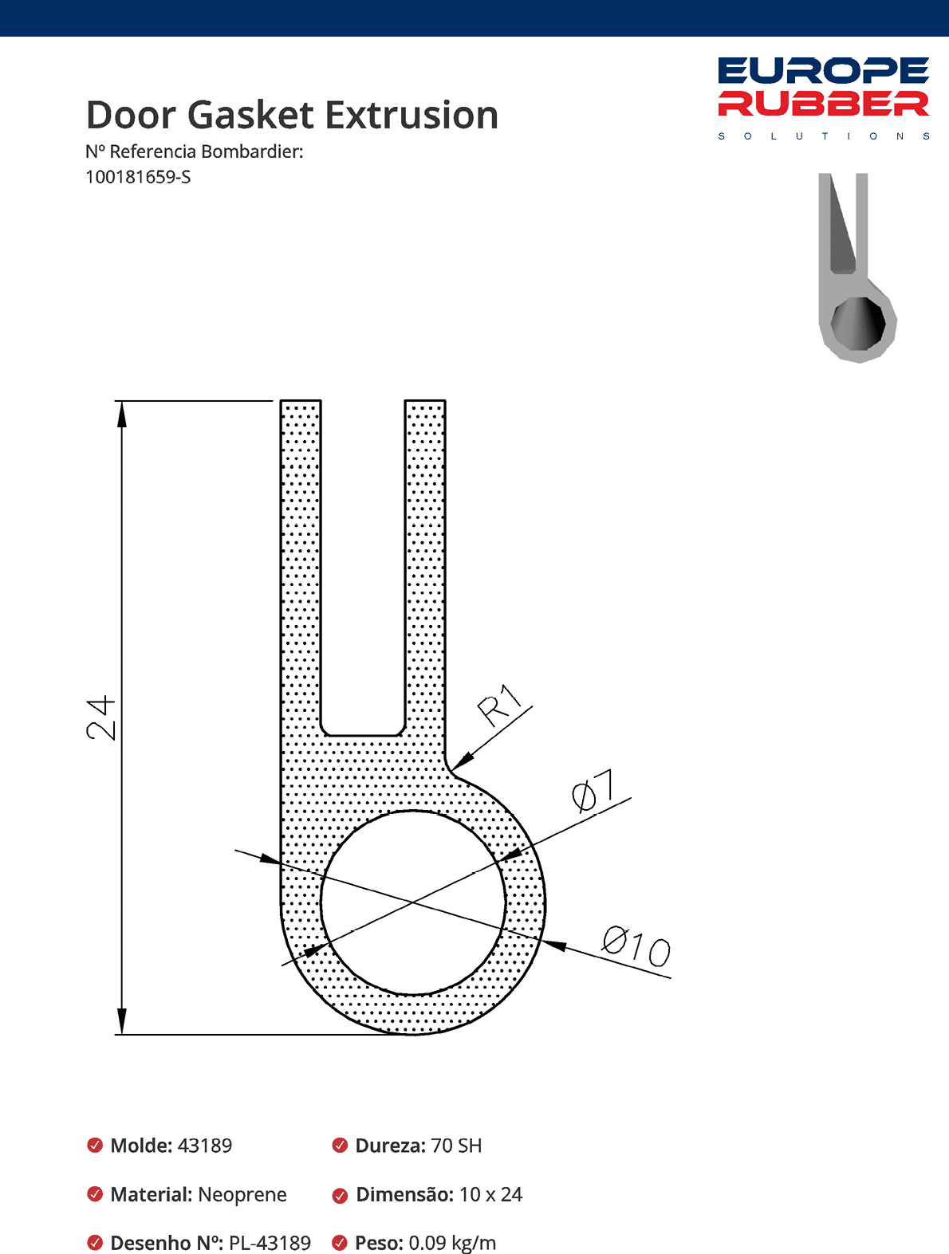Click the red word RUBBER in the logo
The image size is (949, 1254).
pyautogui.click(x=823, y=104)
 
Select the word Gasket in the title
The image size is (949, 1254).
pyautogui.click(x=251, y=116)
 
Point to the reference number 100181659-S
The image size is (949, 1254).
pyautogui.click(x=138, y=177)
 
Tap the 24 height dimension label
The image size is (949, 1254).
pyautogui.click(x=100, y=717)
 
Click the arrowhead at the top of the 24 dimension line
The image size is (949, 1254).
pyautogui.click(x=121, y=415)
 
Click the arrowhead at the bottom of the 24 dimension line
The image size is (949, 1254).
pyautogui.click(x=121, y=1020)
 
